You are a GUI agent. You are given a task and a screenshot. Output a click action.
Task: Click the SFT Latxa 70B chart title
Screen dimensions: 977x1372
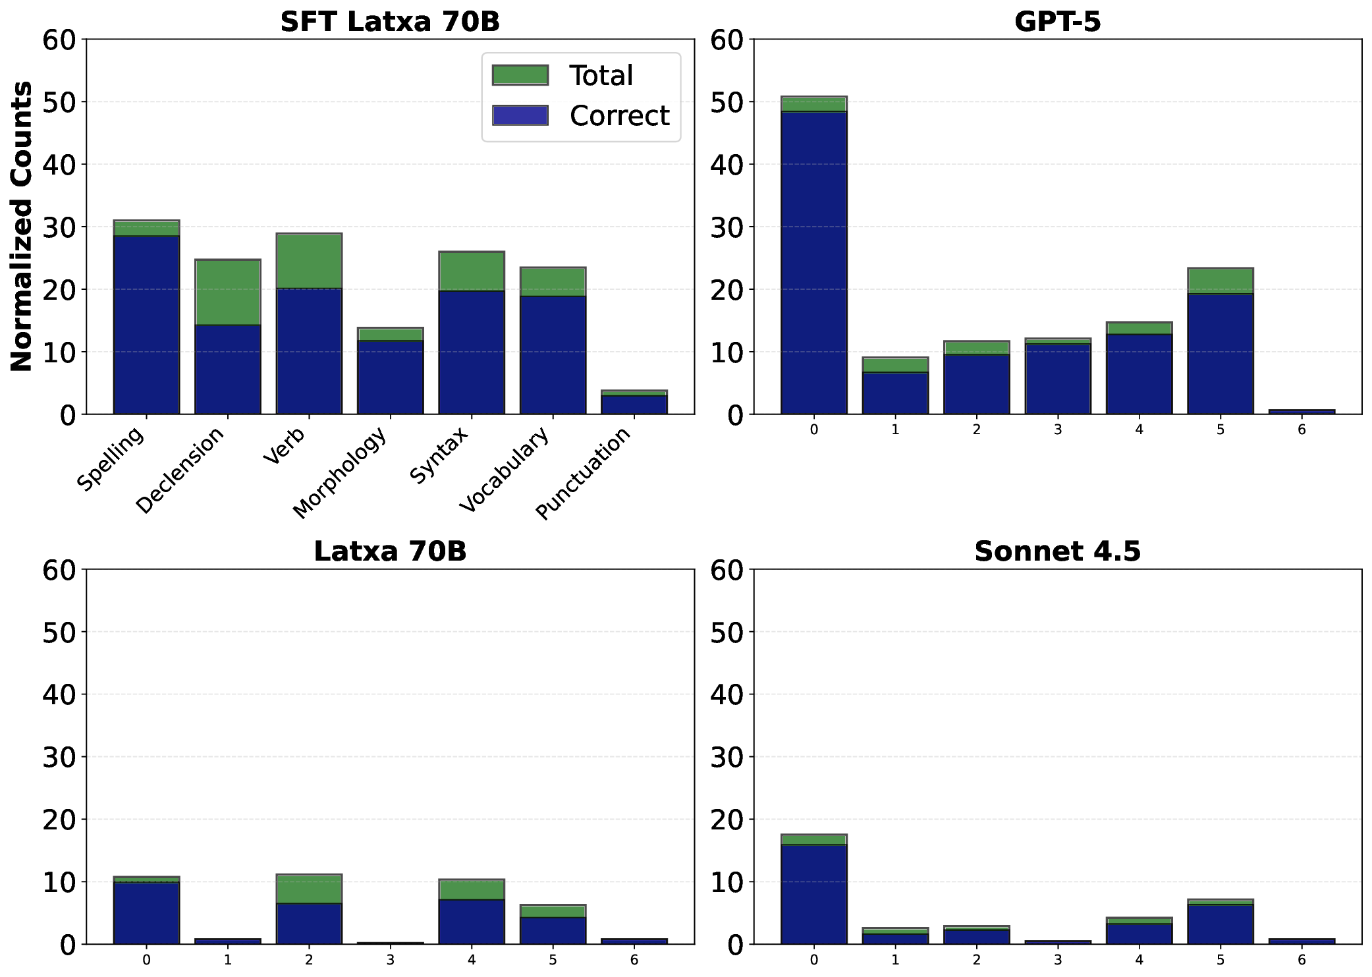[x=390, y=22]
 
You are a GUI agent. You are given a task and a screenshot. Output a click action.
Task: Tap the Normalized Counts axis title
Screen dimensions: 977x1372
[x=22, y=226]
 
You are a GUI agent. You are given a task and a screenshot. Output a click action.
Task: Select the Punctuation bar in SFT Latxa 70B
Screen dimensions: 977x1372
[x=634, y=403]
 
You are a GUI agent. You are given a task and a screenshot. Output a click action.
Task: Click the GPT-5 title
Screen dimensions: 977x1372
[x=1057, y=22]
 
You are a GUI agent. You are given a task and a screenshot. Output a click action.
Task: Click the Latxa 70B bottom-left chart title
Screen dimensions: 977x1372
[x=390, y=551]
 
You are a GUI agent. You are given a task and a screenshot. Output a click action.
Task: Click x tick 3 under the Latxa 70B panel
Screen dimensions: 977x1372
[x=390, y=960]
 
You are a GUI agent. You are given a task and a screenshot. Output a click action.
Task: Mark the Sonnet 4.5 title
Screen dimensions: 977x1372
[x=1057, y=551]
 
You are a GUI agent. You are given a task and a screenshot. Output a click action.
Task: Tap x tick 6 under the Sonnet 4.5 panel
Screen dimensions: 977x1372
[x=1302, y=960]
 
